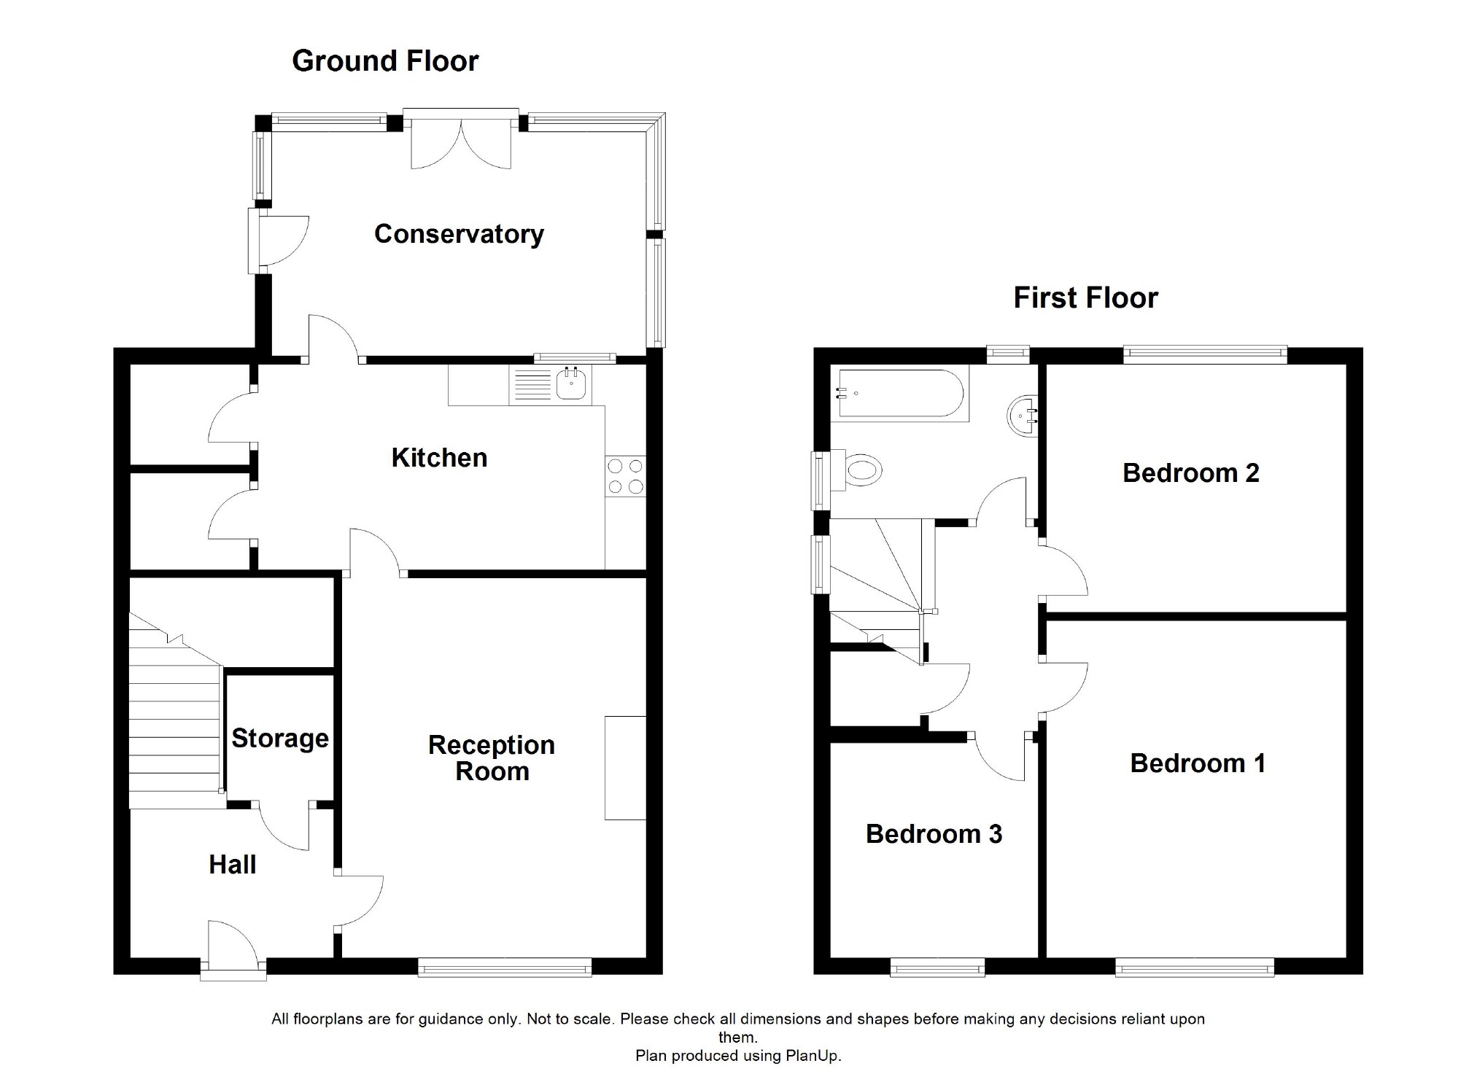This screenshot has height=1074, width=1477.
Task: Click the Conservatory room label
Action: tap(459, 234)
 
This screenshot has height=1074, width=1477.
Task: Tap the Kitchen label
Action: tap(439, 458)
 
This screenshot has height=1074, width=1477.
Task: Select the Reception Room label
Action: tap(492, 758)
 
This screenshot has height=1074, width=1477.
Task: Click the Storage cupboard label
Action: tap(280, 739)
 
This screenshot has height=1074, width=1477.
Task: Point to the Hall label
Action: tap(232, 865)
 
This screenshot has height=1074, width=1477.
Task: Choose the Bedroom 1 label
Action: tap(1198, 763)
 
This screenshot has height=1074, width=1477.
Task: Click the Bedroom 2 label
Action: tap(1190, 473)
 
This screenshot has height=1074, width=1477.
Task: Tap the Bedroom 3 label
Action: tap(934, 834)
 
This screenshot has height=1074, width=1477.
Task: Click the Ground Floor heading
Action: tap(385, 61)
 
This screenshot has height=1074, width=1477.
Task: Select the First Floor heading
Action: tap(1085, 298)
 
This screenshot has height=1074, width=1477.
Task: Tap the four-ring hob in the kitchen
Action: tap(625, 475)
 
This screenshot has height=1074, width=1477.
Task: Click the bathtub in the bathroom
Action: tap(899, 394)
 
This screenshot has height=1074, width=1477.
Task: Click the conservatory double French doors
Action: tap(461, 142)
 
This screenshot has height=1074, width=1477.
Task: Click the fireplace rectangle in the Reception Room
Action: tap(625, 768)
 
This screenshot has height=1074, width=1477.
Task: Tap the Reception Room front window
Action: tap(505, 968)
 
